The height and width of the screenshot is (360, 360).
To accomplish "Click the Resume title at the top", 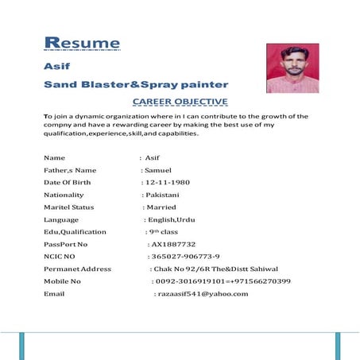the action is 82,43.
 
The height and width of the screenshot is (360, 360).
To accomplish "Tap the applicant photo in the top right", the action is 292,68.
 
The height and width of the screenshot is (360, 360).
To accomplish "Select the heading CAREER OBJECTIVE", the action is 180,102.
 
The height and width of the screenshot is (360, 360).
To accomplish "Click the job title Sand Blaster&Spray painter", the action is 136,84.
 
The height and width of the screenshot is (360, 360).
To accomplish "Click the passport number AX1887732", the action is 173,244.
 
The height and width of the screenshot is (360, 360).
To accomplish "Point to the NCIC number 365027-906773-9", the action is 184,257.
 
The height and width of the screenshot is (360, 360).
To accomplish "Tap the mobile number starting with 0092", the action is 223,281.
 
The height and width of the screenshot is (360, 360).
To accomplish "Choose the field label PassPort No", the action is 66,244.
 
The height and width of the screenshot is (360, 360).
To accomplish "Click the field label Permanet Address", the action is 78,269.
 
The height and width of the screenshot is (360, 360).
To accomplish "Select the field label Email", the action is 54,294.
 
